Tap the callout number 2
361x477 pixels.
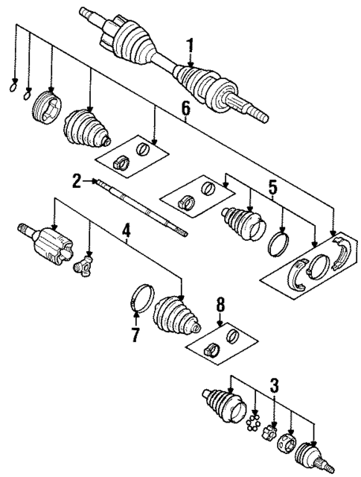(x=77, y=180)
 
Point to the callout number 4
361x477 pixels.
(x=127, y=233)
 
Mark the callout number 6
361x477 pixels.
(x=186, y=110)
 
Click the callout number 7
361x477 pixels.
(x=135, y=335)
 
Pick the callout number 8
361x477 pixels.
(x=220, y=305)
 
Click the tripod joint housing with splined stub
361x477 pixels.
(x=48, y=244)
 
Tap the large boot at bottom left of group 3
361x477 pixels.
(x=223, y=406)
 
